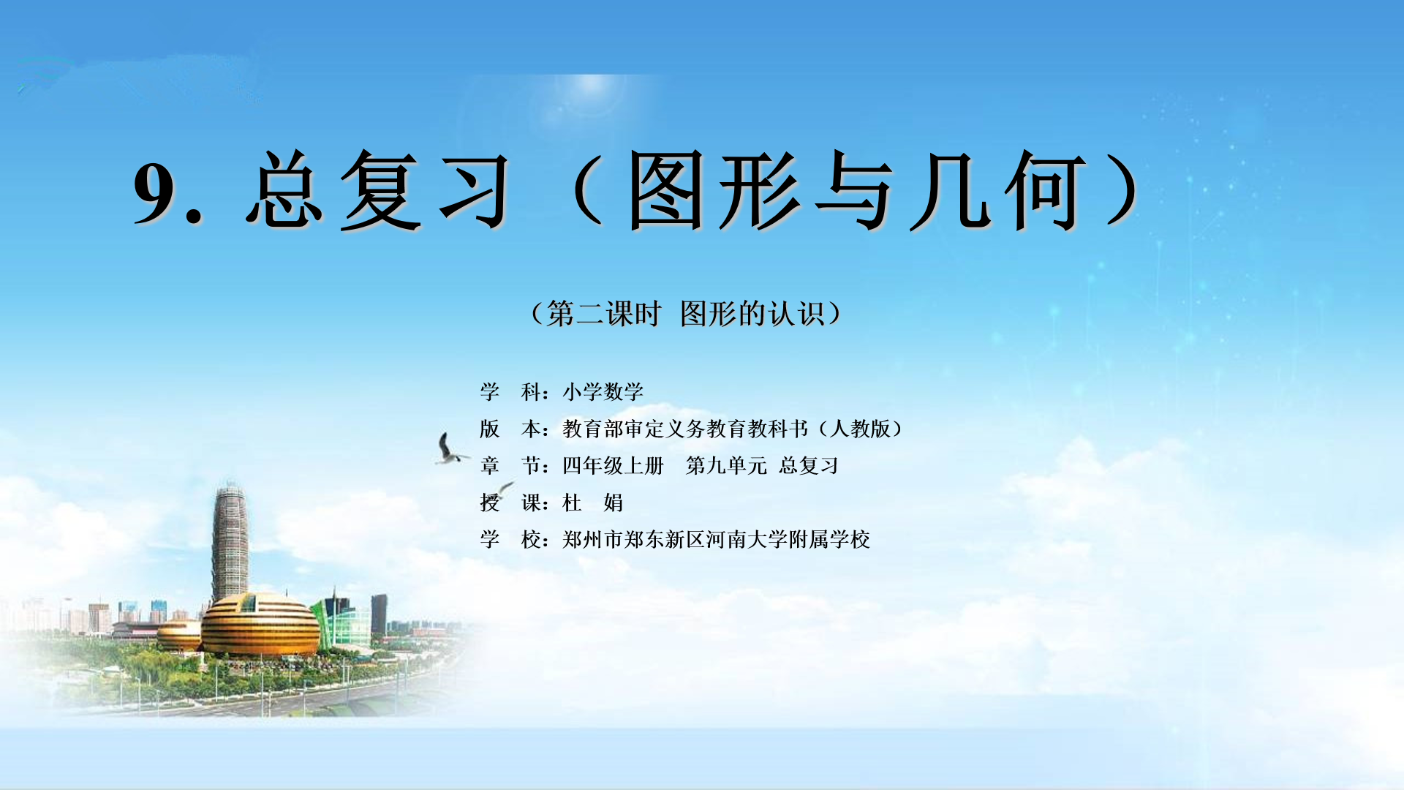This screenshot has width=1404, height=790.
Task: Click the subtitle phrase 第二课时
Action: [603, 314]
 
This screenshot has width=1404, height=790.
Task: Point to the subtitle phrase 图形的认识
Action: [752, 314]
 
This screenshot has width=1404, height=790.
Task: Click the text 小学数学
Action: [603, 392]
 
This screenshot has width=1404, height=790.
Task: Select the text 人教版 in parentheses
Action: [860, 429]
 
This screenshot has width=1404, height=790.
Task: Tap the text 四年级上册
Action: [613, 465]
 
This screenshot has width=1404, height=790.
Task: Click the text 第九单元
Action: [726, 465]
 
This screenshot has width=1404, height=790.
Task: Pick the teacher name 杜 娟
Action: [592, 503]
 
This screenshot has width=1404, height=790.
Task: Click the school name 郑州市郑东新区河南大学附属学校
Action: [716, 540]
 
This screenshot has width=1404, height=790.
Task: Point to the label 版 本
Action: [510, 429]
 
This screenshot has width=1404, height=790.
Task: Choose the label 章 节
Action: [510, 465]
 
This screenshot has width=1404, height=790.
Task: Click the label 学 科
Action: [510, 392]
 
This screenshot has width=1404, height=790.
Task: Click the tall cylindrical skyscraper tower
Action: [230, 541]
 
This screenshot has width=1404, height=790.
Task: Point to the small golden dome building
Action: [178, 635]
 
